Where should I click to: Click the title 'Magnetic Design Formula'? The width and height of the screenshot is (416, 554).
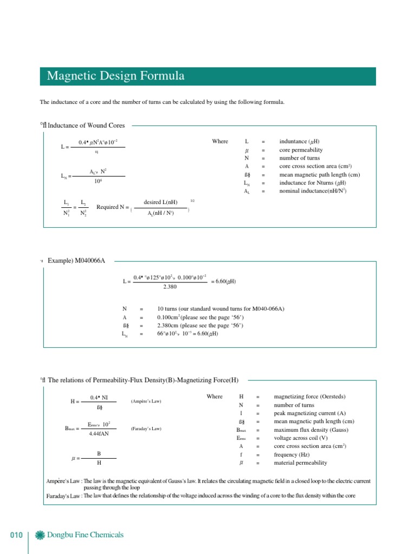click(x=115, y=76)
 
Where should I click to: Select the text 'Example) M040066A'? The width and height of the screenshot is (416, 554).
click(x=76, y=261)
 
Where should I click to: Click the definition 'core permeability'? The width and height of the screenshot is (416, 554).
click(x=301, y=150)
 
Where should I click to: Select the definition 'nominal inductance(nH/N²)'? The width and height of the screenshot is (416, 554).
click(x=313, y=191)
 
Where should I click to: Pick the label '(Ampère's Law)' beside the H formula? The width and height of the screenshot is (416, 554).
click(x=146, y=402)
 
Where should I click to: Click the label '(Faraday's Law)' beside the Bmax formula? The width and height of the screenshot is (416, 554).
click(x=146, y=428)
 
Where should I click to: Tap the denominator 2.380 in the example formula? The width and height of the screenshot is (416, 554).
click(x=171, y=287)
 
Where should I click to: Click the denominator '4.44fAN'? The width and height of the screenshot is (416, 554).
click(x=100, y=434)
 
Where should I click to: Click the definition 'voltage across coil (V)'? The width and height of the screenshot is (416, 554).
click(x=301, y=438)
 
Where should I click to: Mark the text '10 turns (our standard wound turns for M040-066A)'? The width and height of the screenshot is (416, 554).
click(x=220, y=308)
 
